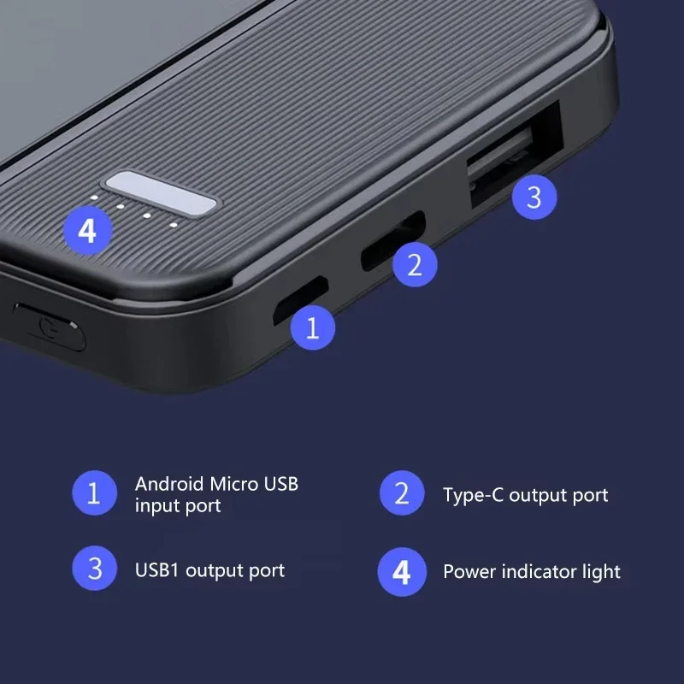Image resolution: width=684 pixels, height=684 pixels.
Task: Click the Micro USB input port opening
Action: (x=300, y=300)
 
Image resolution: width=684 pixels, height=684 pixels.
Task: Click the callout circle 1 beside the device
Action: (x=313, y=328)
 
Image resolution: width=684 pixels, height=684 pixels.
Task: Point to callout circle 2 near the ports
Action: (x=415, y=264)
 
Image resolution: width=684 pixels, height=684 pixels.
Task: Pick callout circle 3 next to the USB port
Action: (x=534, y=198)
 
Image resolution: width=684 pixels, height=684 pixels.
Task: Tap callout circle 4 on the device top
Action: (x=87, y=230)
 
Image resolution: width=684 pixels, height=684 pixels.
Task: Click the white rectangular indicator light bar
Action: (x=160, y=192)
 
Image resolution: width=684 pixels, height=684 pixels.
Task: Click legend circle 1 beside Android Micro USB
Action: (x=94, y=493)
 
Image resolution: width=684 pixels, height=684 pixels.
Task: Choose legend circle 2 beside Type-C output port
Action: (x=402, y=493)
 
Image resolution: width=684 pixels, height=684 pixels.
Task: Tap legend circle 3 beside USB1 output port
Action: (x=94, y=569)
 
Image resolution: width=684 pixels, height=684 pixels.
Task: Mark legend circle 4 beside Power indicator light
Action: (x=402, y=571)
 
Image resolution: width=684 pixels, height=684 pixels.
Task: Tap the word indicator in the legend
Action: (x=540, y=571)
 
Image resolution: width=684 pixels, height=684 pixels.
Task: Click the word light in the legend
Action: (x=603, y=572)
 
